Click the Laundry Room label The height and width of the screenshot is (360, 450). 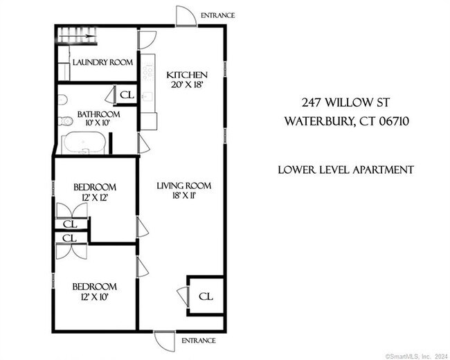(102, 62)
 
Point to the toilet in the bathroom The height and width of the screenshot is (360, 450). (66, 122)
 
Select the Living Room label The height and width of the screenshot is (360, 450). (183, 186)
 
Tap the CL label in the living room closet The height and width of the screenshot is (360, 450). (206, 296)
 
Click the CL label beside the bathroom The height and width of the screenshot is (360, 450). (126, 95)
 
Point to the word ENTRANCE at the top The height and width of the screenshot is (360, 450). (217, 15)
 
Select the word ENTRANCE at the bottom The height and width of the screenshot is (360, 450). (198, 341)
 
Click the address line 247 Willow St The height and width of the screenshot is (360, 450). (344, 102)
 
